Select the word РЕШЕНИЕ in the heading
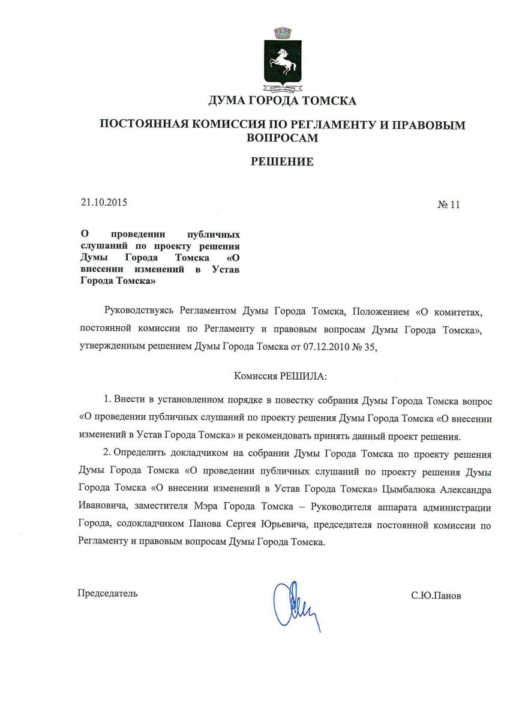pyautogui.click(x=282, y=161)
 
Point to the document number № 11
pyautogui.click(x=448, y=205)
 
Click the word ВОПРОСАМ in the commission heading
pyautogui.click(x=282, y=137)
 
